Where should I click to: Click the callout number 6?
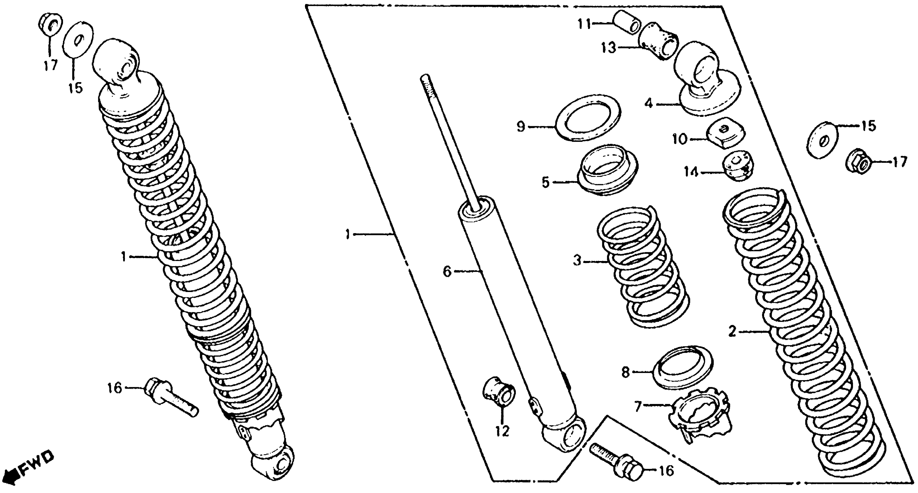(447, 272)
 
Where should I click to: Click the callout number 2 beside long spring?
(732, 332)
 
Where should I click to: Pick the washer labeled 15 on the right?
(823, 140)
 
